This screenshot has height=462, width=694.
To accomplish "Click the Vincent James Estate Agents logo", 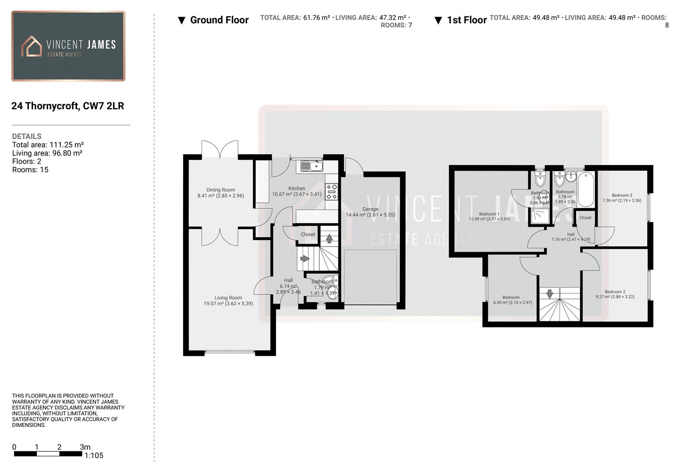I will tap(69, 46).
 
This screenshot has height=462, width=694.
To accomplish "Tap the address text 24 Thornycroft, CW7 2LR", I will tap(68, 106).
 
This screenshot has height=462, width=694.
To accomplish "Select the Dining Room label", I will tap(220, 190).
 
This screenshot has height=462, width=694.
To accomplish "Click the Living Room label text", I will tap(228, 298).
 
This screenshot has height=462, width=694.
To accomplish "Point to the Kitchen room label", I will tap(296, 188).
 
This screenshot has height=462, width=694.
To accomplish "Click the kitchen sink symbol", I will tap(312, 166).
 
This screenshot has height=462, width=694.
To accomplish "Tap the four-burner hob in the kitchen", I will tap(331, 192).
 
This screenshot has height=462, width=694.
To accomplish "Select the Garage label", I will tap(370, 209).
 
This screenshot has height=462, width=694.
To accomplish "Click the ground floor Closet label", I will tap(308, 234).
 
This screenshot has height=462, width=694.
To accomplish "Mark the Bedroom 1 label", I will tap(489, 214).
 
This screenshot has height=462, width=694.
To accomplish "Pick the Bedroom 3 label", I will tap(622, 195).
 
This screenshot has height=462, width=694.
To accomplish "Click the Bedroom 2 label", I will tap(615, 292).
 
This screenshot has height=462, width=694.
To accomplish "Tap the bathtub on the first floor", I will tap(586, 189).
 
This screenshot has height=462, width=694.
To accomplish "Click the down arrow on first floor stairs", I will tap(549, 294).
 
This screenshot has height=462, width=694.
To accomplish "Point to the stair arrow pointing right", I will tap(305, 258).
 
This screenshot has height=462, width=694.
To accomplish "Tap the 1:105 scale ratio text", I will tap(94, 456).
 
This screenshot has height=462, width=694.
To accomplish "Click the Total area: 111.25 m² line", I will tap(48, 145).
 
